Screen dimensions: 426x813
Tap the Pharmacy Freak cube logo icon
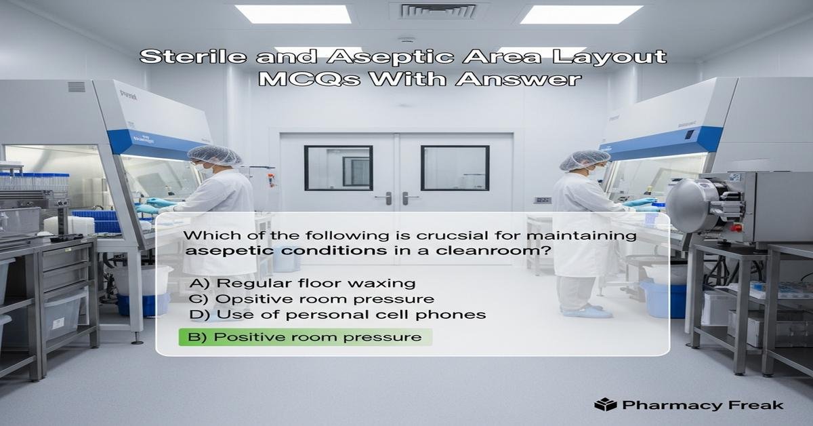[604, 405]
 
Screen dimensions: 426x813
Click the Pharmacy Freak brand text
[701, 405]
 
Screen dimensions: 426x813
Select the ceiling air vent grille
[440, 11]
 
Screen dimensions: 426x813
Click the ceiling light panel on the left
[293, 14]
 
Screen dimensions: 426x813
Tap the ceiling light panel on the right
[581, 14]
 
